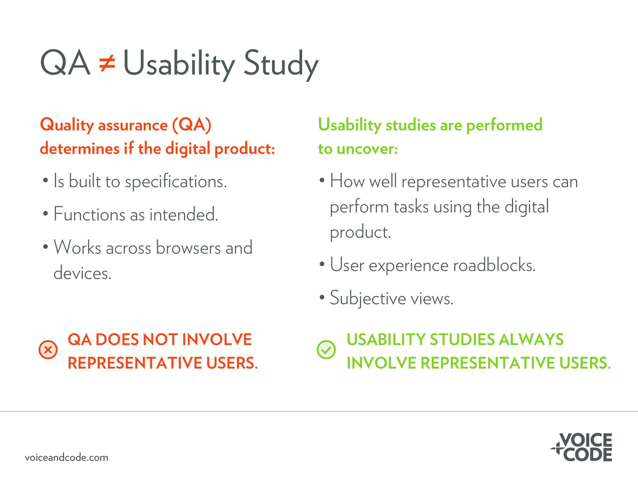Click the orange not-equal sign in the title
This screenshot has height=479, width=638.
(x=107, y=64)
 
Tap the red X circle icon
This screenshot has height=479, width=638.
(x=48, y=350)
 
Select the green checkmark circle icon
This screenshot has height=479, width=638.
(x=326, y=350)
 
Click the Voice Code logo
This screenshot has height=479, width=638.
(x=581, y=447)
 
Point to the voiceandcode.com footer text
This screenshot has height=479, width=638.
(x=67, y=457)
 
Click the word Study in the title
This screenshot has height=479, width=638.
(x=281, y=65)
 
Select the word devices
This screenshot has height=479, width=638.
(x=82, y=273)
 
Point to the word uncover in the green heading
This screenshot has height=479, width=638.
(x=367, y=149)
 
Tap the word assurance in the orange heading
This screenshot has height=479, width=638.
(x=133, y=126)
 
